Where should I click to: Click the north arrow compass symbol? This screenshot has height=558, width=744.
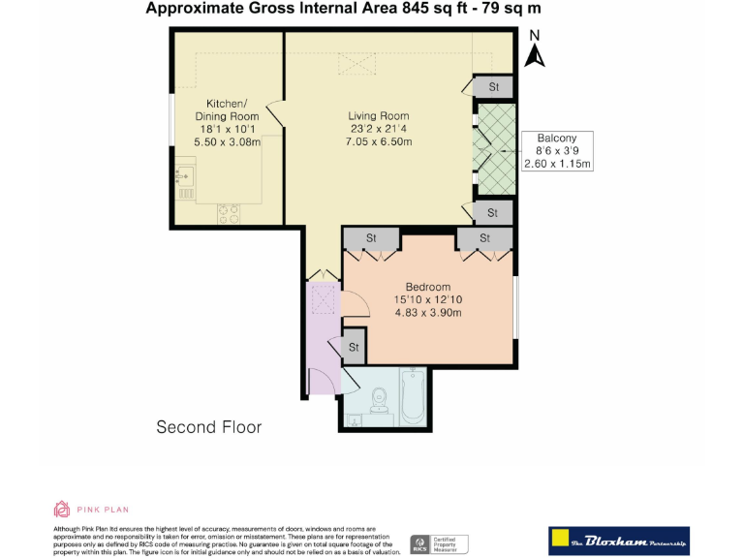tap(534, 50)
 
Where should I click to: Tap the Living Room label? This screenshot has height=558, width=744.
tap(379, 116)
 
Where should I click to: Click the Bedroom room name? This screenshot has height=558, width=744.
tap(427, 287)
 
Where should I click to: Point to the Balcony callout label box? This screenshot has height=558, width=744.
tap(556, 151)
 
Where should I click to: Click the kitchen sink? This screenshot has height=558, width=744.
tap(183, 177)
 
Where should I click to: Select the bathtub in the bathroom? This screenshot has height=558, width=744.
tap(414, 397)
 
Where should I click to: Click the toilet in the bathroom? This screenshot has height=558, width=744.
tap(379, 398)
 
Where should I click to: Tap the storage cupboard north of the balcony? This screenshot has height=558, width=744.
tap(492, 87)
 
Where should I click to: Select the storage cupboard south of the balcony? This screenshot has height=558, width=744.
tap(492, 212)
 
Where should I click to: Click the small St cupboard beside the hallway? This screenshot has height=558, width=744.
tap(354, 347)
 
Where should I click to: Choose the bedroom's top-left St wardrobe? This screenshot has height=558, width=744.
tap(370, 238)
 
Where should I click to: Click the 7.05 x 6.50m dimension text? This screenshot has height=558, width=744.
tap(379, 142)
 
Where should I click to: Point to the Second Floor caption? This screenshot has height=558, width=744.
tap(209, 426)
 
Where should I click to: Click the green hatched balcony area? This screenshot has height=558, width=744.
tap(493, 150)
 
